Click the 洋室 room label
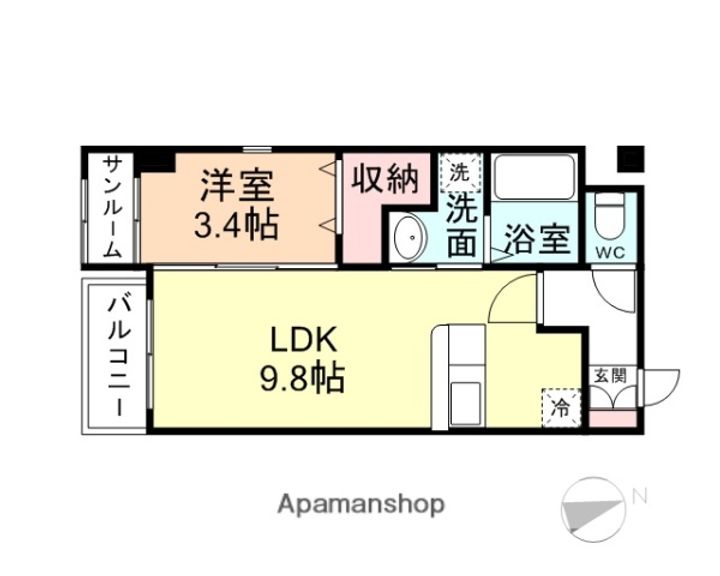click(237, 186)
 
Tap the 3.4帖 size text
click(236, 224)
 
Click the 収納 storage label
click(383, 181)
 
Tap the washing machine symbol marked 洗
click(460, 171)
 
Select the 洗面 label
click(461, 225)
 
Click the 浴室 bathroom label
click(537, 240)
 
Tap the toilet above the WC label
click(609, 212)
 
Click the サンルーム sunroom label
click(112, 207)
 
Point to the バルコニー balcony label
click(117, 355)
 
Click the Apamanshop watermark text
click(361, 503)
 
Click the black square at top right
click(631, 158)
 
